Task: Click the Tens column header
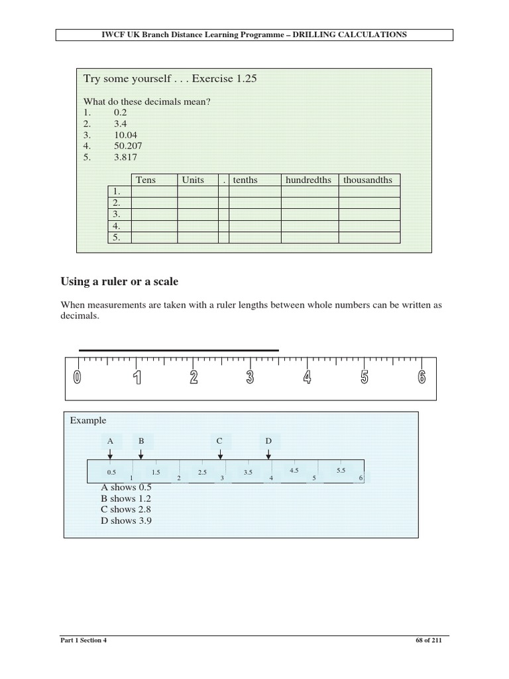(146, 180)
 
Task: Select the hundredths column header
(308, 180)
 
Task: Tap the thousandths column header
(368, 180)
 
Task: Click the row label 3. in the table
(116, 214)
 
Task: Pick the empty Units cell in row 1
(198, 192)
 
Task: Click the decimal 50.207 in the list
(128, 145)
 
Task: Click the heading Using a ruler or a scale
(119, 282)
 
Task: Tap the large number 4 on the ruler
(307, 377)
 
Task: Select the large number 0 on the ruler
(78, 377)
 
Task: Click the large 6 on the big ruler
(422, 377)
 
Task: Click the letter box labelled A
(110, 440)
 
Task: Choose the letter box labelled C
(219, 440)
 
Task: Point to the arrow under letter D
(268, 454)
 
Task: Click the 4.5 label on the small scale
(294, 470)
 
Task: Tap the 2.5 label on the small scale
(202, 472)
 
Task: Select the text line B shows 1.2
(127, 498)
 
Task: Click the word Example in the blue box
(87, 420)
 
